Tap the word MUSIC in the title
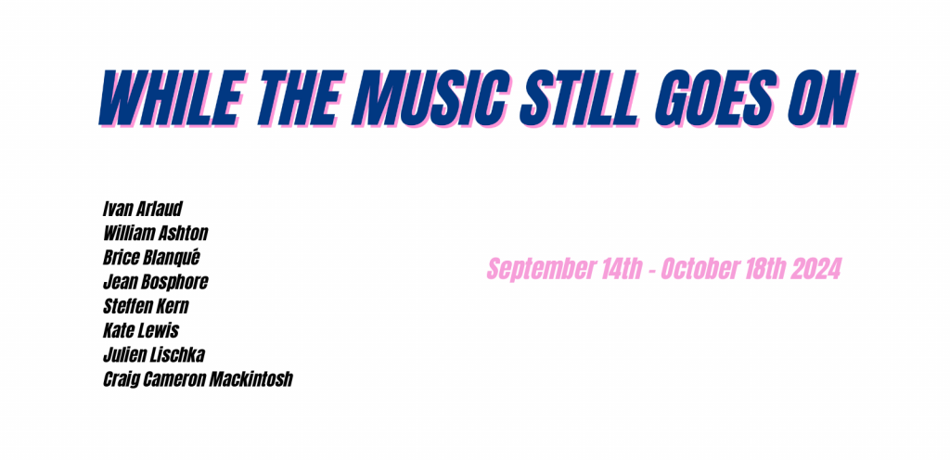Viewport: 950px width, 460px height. tap(434, 97)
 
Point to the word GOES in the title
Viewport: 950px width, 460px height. tap(716, 97)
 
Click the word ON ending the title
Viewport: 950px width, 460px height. tap(824, 97)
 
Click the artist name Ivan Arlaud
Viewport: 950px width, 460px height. tap(143, 209)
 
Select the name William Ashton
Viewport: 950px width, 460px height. tap(156, 233)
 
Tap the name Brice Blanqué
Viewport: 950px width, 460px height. tap(151, 257)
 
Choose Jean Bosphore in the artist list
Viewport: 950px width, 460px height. tap(156, 282)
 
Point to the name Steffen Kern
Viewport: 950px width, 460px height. tap(146, 306)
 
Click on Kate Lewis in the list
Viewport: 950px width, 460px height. tap(141, 330)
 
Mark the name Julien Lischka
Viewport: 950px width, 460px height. tap(154, 354)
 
